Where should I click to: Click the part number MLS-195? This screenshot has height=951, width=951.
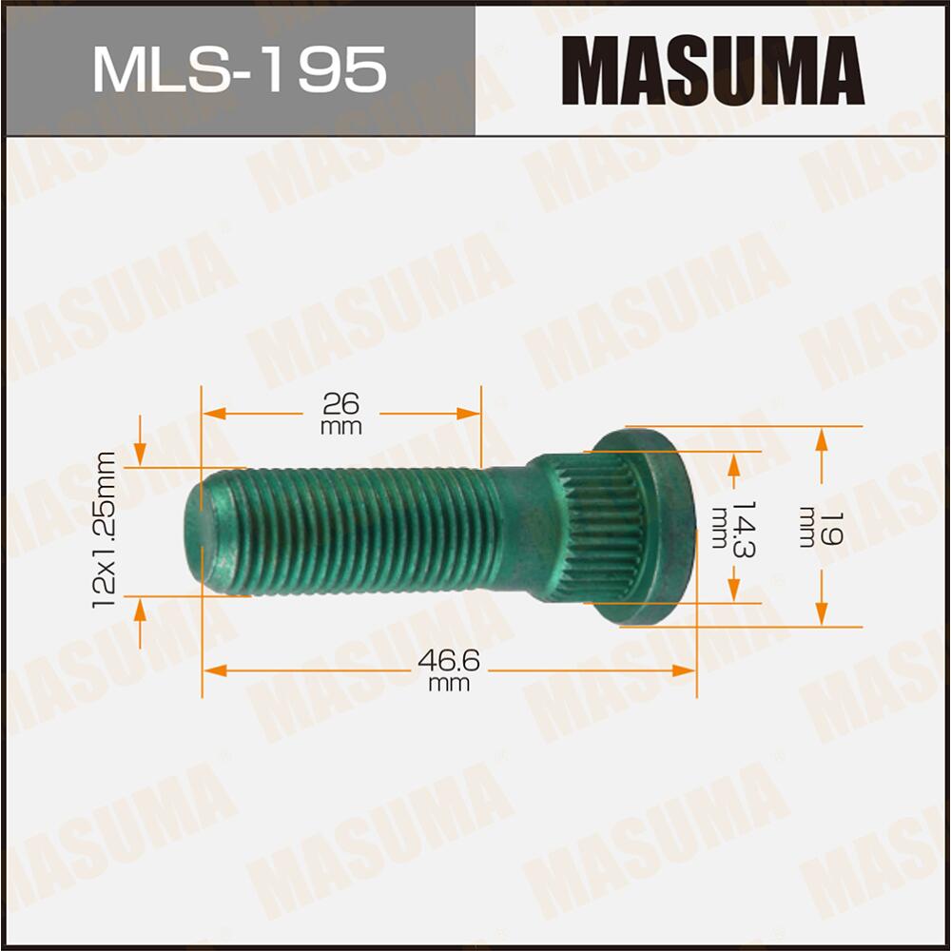click(x=239, y=69)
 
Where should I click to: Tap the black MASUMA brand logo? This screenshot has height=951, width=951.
click(x=712, y=69)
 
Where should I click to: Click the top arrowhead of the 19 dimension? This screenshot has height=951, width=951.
click(x=823, y=438)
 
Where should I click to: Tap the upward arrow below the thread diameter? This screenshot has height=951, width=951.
click(x=141, y=609)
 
